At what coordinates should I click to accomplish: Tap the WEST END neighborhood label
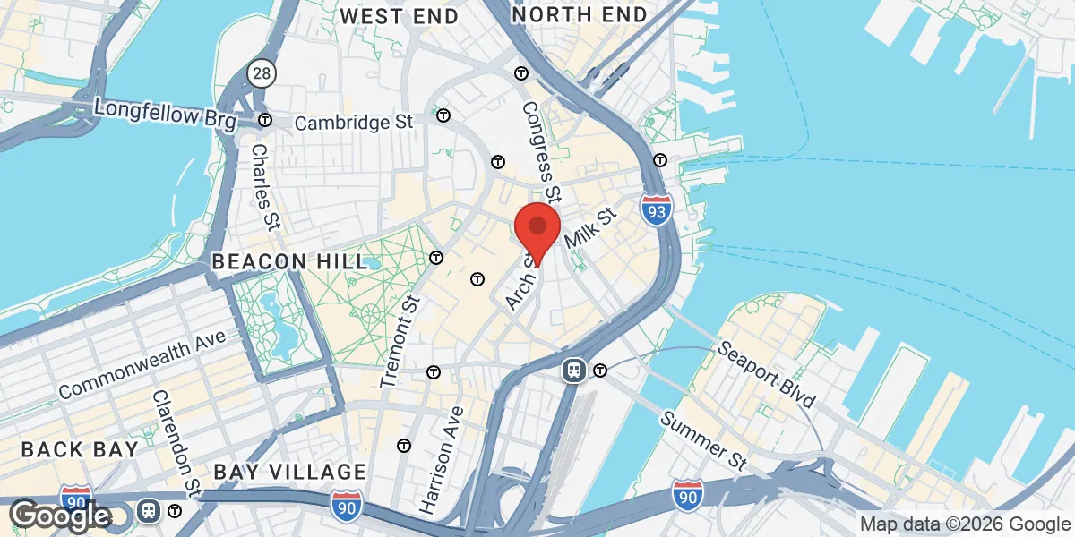click(400, 16)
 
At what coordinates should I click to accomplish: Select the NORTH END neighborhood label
click(579, 15)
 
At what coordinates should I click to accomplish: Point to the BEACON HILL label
click(289, 262)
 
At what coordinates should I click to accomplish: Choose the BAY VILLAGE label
click(289, 472)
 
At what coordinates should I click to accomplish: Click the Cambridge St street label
click(354, 123)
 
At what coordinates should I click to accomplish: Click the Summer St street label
click(704, 440)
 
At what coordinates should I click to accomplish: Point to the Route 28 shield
click(262, 72)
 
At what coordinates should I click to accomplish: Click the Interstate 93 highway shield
click(657, 210)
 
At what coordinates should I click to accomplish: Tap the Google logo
click(60, 516)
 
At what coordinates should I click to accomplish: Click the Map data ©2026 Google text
click(965, 524)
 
